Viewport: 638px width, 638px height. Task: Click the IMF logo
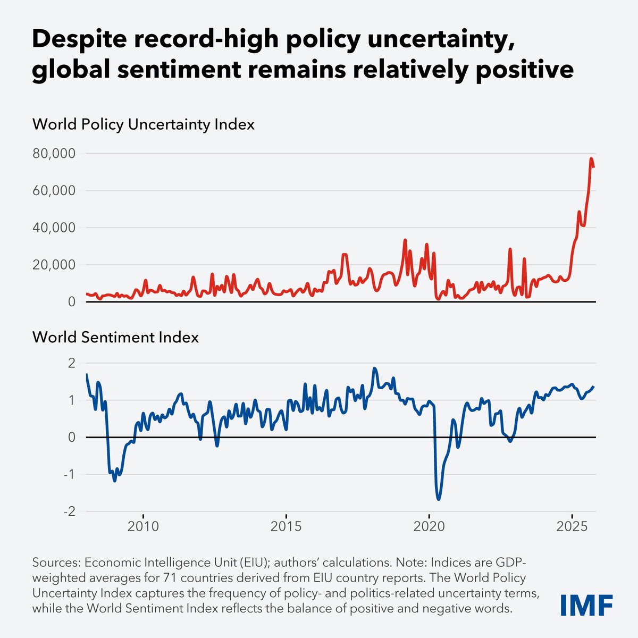pos(586,605)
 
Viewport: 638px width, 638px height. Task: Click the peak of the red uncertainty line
pos(591,158)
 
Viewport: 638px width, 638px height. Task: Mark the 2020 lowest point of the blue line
pos(439,499)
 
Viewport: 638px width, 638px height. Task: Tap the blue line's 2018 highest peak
pos(375,368)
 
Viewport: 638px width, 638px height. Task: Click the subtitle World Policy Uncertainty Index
pos(144,124)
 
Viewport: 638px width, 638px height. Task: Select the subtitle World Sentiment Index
pos(115,337)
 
